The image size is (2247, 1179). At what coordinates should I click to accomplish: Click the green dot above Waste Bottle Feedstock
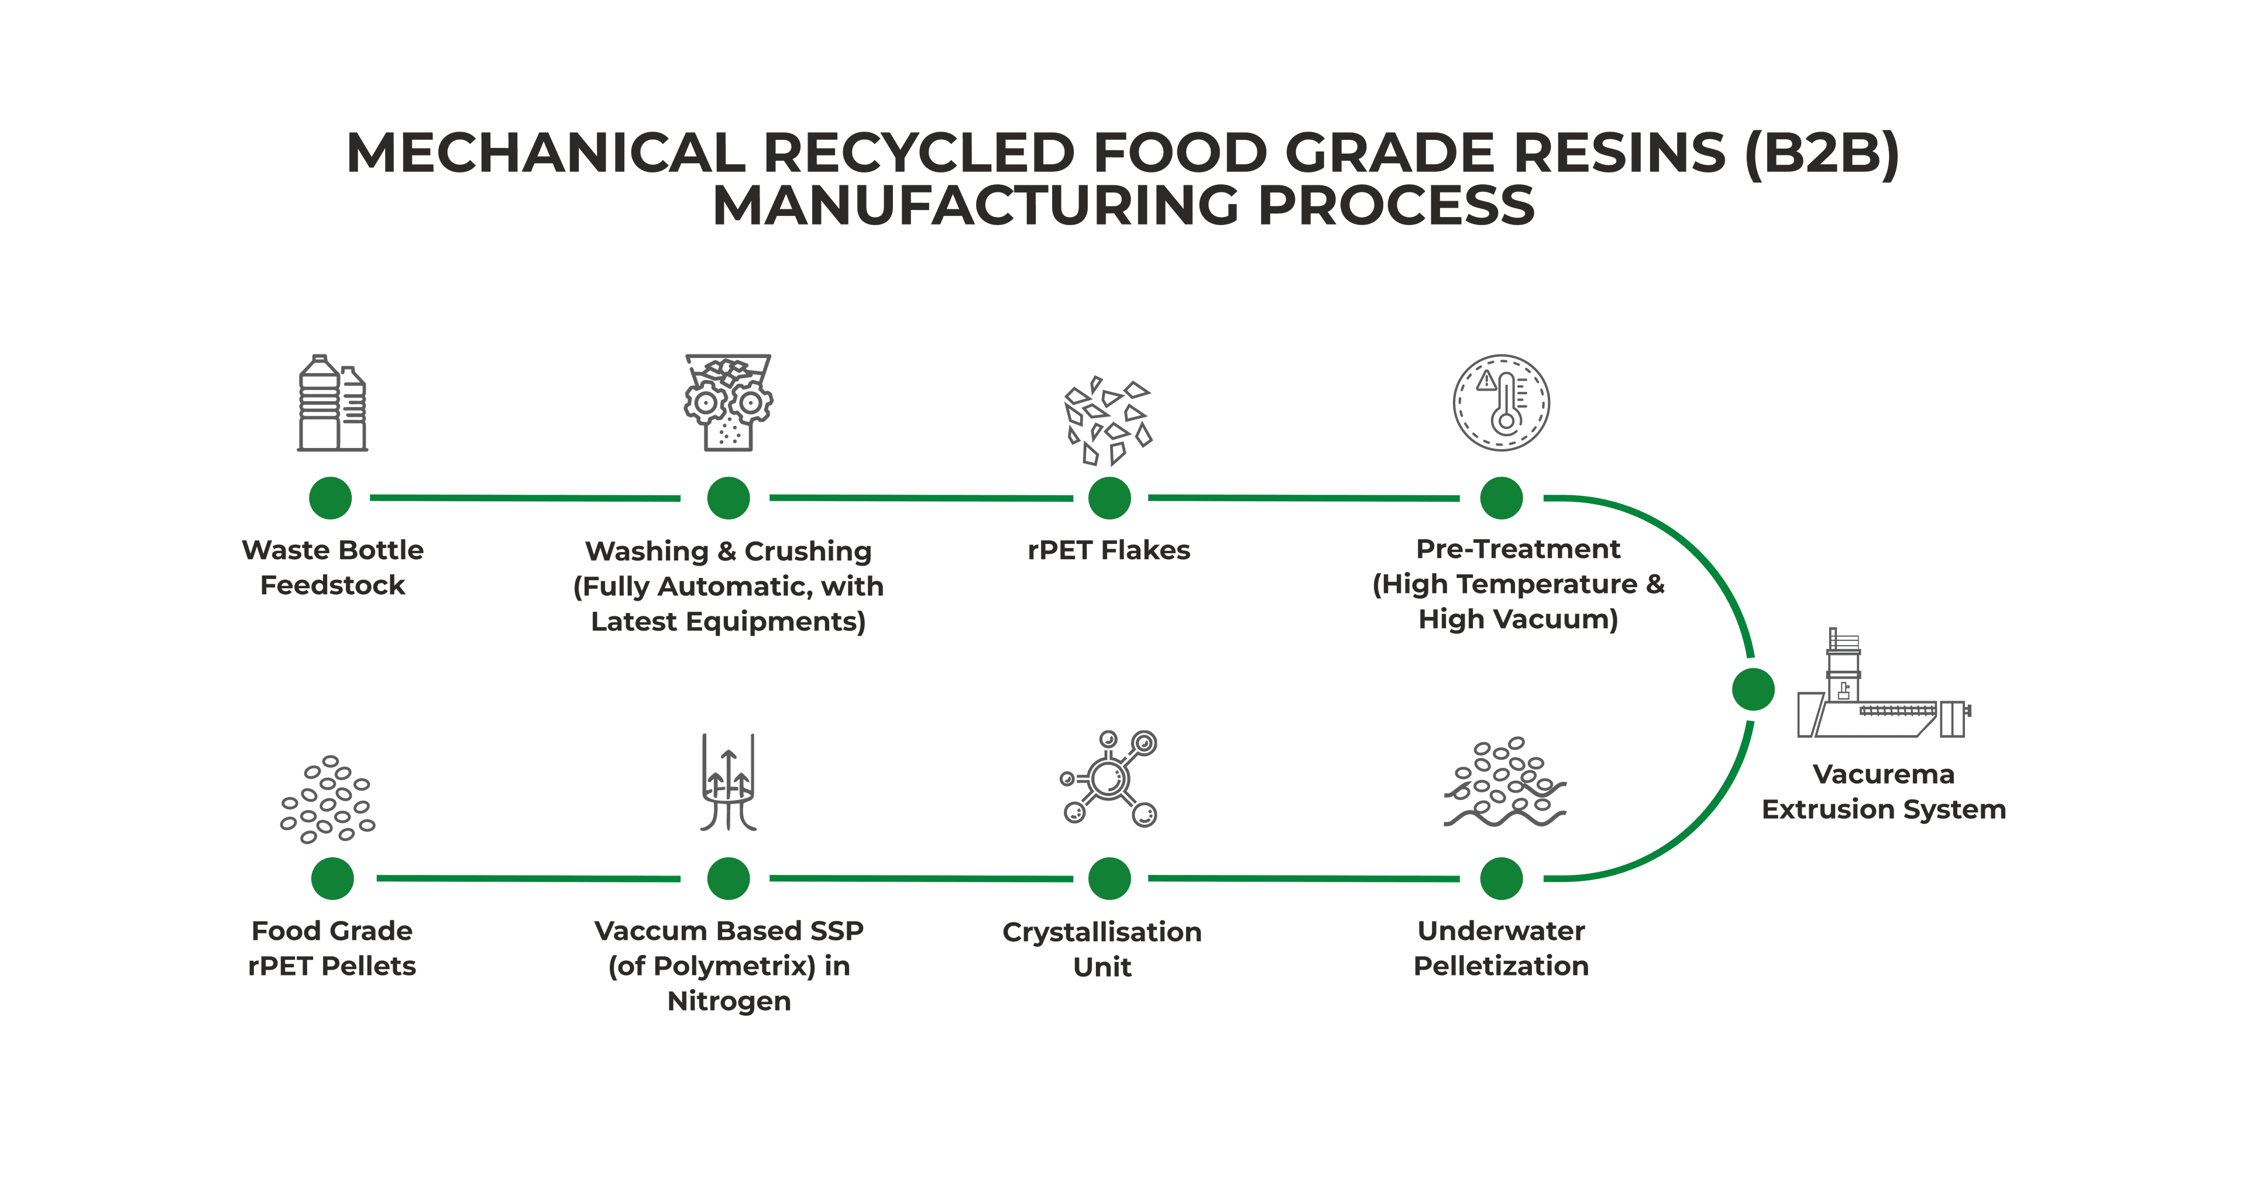(331, 498)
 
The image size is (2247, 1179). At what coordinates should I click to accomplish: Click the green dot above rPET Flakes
(1109, 498)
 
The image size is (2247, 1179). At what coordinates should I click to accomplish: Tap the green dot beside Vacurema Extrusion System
(1753, 690)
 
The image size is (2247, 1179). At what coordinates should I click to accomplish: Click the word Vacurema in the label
(1883, 774)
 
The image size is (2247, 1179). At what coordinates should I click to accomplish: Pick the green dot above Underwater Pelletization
(1501, 878)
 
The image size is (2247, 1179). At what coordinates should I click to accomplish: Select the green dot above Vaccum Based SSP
(729, 878)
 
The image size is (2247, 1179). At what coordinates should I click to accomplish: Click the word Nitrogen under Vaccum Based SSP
(729, 1001)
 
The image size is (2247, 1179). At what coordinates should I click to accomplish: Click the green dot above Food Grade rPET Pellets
(332, 878)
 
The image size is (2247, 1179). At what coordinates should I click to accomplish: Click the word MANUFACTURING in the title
(974, 206)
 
